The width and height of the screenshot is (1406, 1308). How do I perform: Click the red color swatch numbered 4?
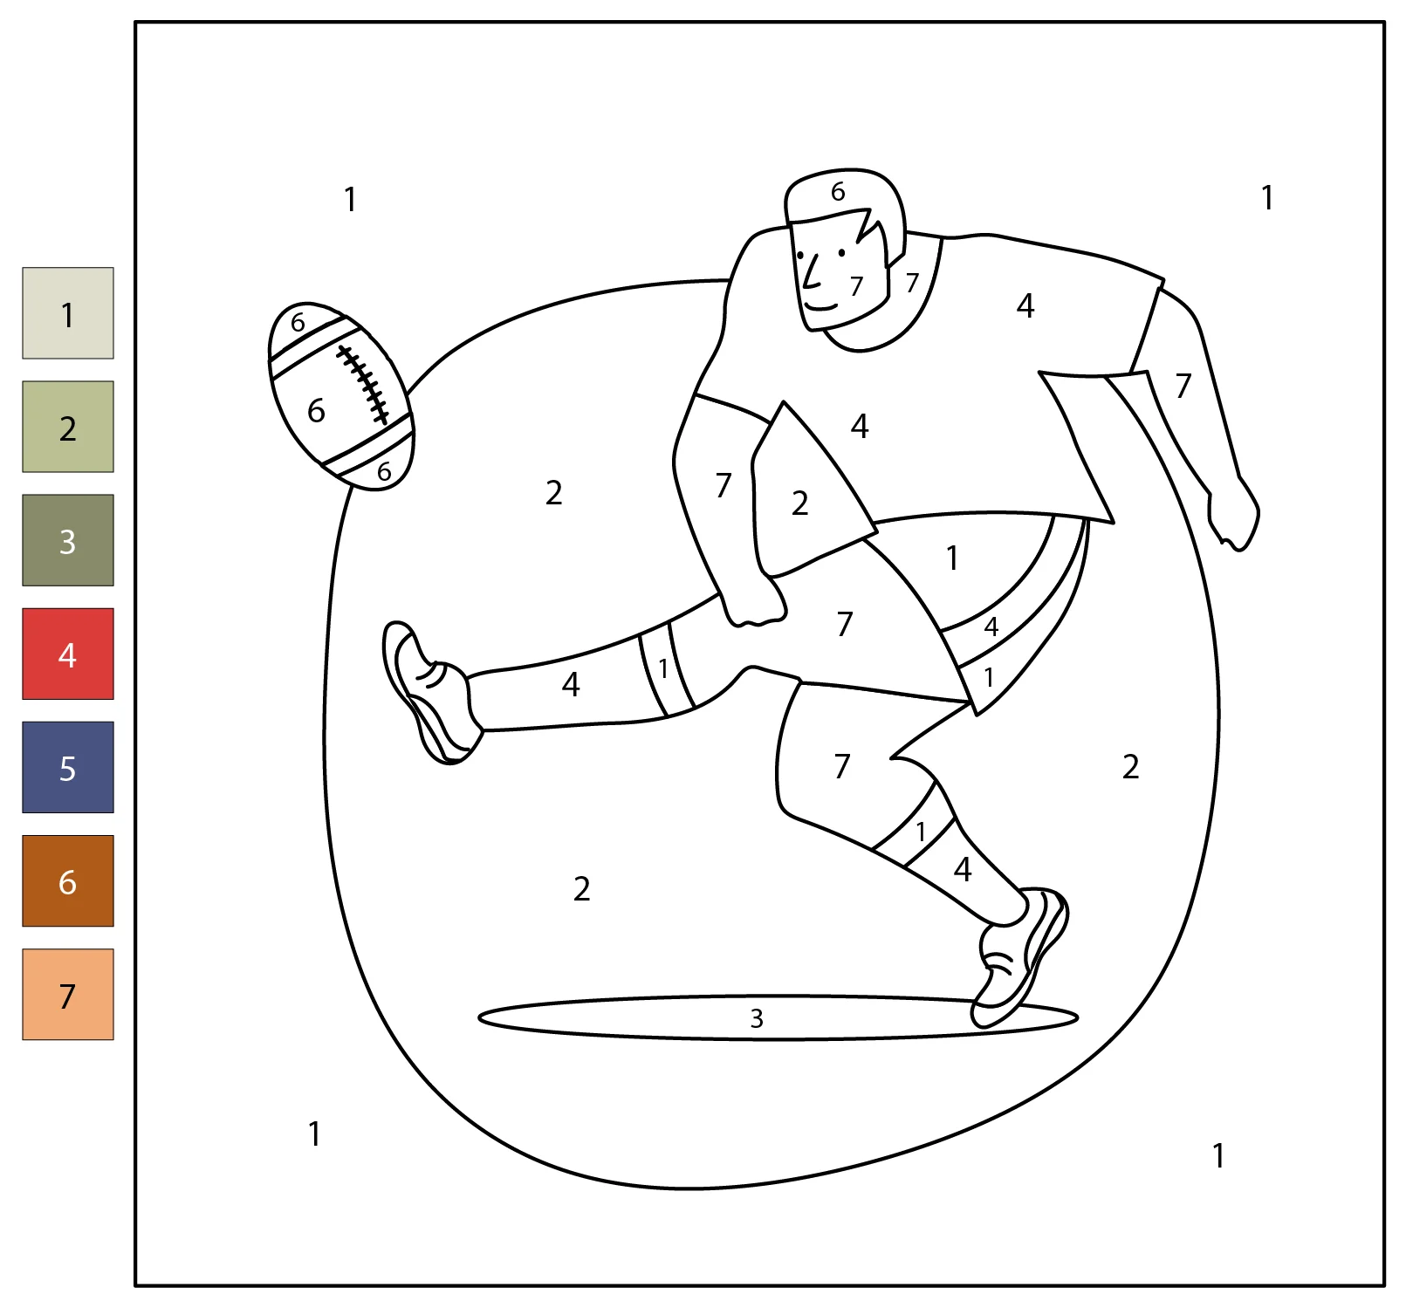coord(68,654)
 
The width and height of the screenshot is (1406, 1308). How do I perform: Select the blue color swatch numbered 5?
coord(68,767)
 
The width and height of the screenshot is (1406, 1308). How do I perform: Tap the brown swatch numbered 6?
coord(68,880)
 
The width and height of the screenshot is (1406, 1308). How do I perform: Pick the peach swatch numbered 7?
coord(68,994)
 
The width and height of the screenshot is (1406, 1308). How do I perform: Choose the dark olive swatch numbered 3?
coord(68,540)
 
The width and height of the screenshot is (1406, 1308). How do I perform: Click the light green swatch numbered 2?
coord(68,427)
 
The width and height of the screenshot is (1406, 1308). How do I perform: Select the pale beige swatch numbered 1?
coord(68,313)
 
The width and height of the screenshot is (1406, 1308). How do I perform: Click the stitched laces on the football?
coord(363,385)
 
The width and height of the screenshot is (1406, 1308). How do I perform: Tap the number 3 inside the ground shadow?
coord(757,1018)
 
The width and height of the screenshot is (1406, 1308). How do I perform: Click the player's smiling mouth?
coord(820,306)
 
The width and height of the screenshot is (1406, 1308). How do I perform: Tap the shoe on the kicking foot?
coord(430,694)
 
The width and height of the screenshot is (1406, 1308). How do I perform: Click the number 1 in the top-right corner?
coord(1267,198)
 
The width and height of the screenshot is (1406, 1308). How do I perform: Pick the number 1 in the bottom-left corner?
coord(314,1133)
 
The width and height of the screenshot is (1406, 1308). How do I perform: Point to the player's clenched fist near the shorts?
coord(755,602)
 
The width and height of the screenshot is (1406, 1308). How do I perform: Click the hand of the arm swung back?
coord(1233,515)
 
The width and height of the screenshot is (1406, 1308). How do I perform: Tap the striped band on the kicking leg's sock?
coord(667,668)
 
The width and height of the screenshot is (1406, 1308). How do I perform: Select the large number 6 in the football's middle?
coord(316,410)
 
